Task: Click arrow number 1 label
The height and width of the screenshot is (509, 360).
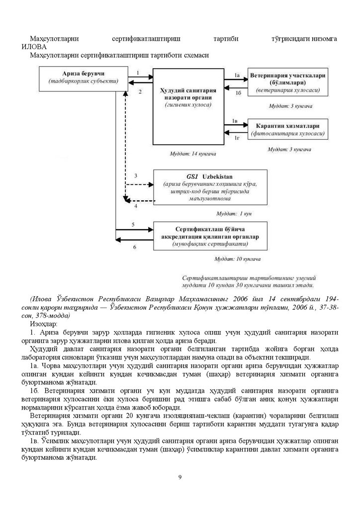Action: click(x=137, y=73)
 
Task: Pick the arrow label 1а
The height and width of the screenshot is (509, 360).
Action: click(x=237, y=75)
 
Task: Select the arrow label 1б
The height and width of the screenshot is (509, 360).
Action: click(x=238, y=93)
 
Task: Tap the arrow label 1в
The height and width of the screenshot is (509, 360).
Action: click(x=237, y=121)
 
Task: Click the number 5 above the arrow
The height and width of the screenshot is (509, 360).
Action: click(x=133, y=225)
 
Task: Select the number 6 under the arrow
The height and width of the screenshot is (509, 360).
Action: click(x=134, y=247)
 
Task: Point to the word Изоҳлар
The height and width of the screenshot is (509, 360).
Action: click(x=43, y=324)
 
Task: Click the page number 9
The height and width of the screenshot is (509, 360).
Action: click(x=180, y=478)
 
